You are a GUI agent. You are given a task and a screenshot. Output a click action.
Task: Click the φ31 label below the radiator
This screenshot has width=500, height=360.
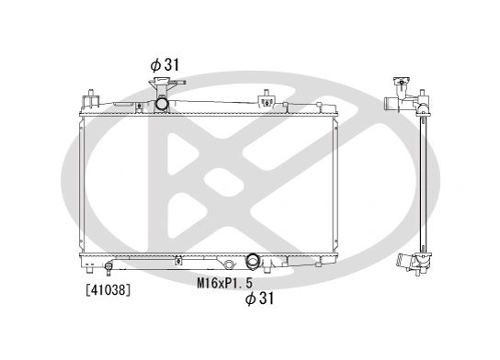(259, 298)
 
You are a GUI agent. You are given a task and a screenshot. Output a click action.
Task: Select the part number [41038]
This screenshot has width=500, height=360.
(108, 290)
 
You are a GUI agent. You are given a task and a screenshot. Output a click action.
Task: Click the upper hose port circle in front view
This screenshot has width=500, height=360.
(162, 104)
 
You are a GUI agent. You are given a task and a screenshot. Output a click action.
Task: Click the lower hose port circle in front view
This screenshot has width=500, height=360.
(255, 263)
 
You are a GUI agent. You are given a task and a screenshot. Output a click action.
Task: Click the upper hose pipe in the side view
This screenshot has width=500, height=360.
(425, 106)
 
